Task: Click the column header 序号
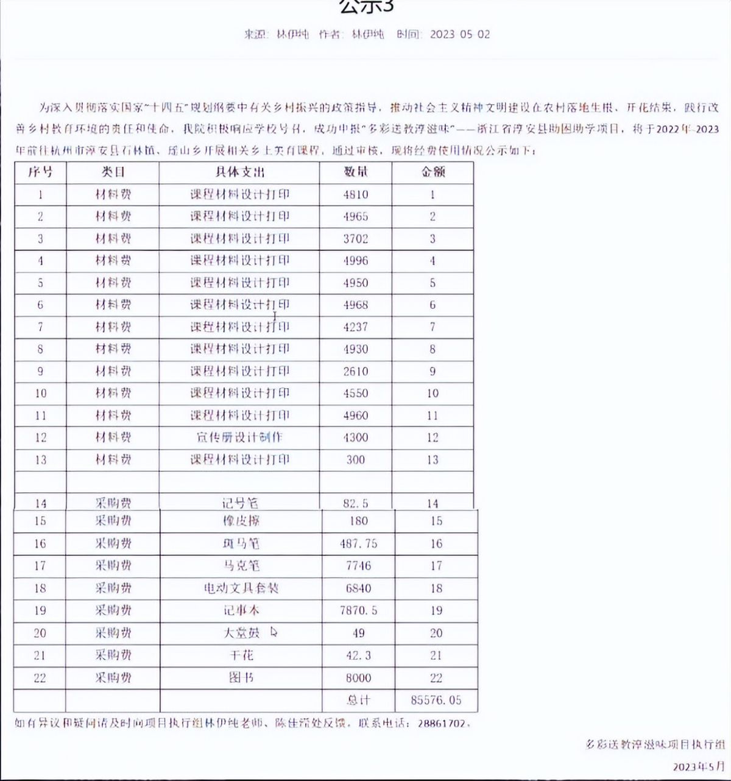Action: tap(40, 172)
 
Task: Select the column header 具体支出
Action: tap(239, 172)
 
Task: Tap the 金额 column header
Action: tap(433, 172)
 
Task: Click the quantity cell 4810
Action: tap(356, 195)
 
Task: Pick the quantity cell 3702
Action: tap(356, 239)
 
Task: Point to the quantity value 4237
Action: tap(356, 327)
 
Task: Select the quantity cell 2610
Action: tap(356, 371)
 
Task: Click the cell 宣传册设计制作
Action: tap(239, 437)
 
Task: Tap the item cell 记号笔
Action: tap(240, 503)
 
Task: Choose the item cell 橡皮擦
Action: tap(241, 521)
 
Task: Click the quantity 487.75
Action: tap(358, 543)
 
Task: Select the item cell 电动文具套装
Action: tap(241, 588)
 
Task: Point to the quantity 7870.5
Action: tap(358, 610)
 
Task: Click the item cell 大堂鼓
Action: tap(241, 633)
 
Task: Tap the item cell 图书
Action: tap(241, 677)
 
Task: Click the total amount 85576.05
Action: tap(436, 700)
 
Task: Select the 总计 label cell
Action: tap(358, 700)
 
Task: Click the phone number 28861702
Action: tap(444, 724)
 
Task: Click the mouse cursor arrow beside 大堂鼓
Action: tap(274, 632)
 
